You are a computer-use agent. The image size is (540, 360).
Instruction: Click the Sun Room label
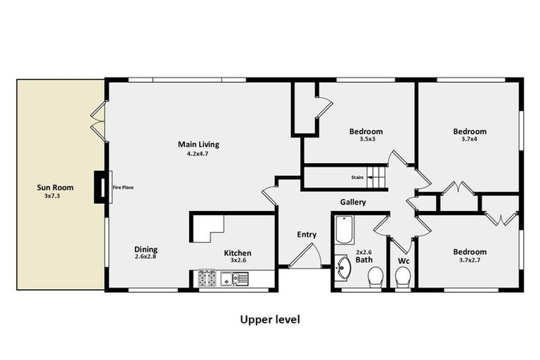[55, 188]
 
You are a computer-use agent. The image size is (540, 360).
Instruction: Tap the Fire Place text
[123, 188]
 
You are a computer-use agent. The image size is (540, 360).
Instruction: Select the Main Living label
[198, 145]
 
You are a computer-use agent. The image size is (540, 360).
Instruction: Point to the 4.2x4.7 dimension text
[198, 154]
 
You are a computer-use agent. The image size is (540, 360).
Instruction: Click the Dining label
[146, 249]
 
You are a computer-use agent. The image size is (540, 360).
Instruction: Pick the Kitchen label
[238, 253]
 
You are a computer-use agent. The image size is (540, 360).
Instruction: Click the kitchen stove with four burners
[206, 278]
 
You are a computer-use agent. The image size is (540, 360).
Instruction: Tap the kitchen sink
[233, 279]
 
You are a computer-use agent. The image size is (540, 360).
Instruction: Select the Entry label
[307, 235]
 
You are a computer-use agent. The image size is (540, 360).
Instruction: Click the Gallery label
[353, 202]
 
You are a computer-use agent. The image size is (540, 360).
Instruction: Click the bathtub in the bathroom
[344, 229]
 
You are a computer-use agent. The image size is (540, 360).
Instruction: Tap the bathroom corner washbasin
[342, 268]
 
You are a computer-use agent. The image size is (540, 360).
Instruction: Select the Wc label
[403, 260]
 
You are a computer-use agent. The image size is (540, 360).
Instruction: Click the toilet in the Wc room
[403, 278]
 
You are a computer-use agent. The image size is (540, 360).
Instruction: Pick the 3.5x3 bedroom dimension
[366, 140]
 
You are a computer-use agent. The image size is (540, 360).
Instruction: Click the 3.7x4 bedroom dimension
[469, 140]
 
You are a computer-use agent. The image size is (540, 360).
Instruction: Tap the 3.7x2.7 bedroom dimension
[469, 260]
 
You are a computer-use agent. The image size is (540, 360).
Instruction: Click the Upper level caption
[270, 320]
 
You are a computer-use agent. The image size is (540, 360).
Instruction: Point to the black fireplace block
[101, 188]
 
